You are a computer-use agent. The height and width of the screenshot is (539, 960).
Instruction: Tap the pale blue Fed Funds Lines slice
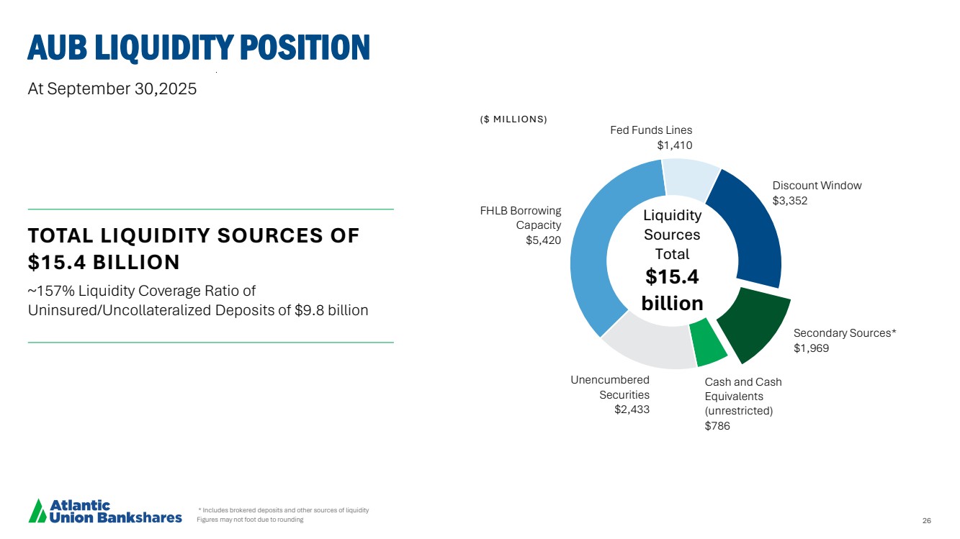[x=689, y=179]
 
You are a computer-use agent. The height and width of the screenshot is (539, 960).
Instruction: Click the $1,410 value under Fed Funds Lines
[x=674, y=145]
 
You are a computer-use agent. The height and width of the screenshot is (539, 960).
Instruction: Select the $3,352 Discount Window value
[x=790, y=201]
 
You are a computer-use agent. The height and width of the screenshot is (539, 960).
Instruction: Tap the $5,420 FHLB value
[x=544, y=240]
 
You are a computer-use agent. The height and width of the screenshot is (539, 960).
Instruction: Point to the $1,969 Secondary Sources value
[x=811, y=348]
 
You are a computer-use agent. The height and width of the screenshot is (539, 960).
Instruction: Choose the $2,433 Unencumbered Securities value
[x=632, y=410]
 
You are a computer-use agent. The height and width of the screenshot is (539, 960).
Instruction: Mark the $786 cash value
[x=717, y=426]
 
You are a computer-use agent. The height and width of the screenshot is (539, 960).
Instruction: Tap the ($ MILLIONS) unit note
[x=513, y=119]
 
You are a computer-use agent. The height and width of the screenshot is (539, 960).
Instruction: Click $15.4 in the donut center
[x=671, y=277]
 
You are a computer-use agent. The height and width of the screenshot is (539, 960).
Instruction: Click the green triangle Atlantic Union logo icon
[x=37, y=510]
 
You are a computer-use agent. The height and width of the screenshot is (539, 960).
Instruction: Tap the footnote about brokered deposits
[x=284, y=510]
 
